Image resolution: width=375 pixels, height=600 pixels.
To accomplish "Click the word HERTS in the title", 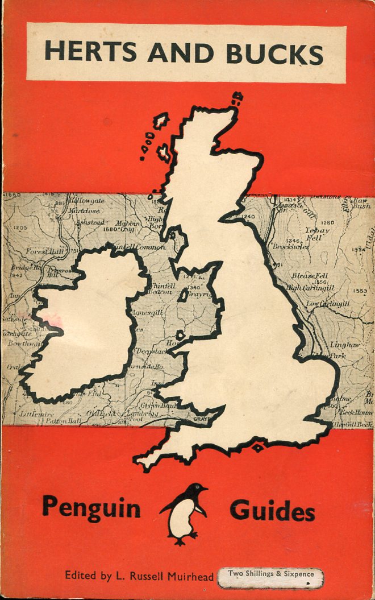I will tap(91, 53).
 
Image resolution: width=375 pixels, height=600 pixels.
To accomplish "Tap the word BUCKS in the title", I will tap(274, 53).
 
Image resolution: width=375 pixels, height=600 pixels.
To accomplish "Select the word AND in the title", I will tap(181, 53).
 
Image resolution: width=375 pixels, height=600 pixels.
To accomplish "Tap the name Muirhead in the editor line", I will tap(188, 576).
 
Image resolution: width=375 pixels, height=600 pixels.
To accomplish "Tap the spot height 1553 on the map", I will tap(359, 291).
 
